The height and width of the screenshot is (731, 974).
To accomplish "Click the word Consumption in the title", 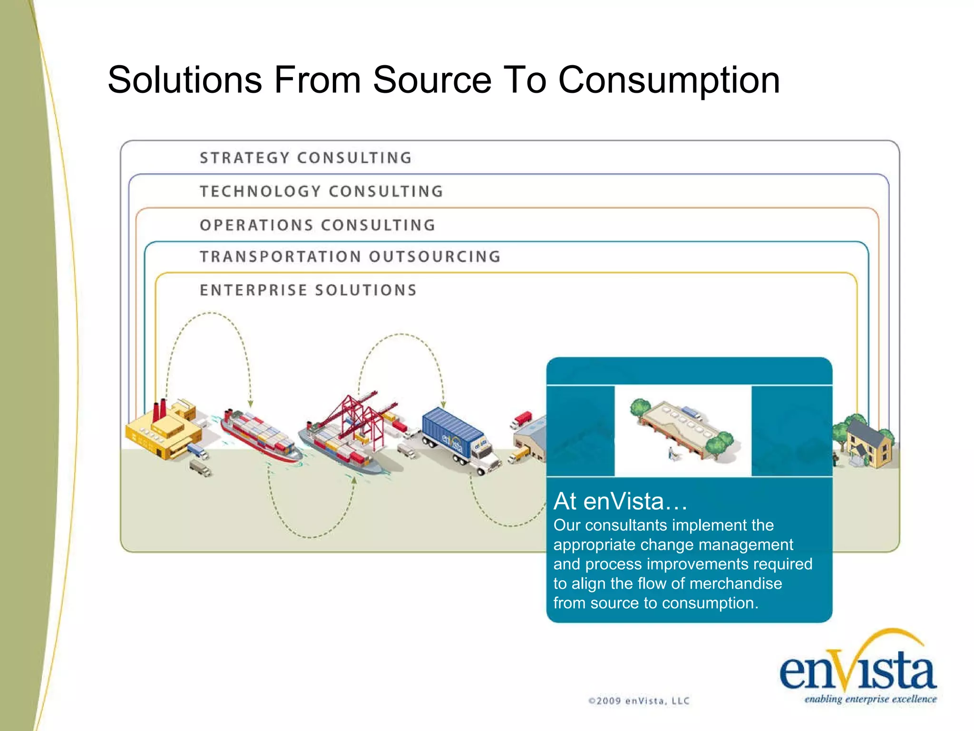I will (x=669, y=80).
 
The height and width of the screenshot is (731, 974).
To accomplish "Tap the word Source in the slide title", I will (x=432, y=80).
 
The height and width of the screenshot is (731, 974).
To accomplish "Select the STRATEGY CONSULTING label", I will (x=306, y=158).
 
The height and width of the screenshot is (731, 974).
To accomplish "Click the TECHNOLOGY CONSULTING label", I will (x=321, y=191).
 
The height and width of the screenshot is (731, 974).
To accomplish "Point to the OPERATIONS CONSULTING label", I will (x=318, y=225).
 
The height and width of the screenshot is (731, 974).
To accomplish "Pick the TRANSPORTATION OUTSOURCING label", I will (x=351, y=257).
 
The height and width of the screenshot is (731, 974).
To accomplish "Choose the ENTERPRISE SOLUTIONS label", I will (x=308, y=290).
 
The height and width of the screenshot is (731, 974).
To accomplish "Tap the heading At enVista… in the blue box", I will (x=620, y=501).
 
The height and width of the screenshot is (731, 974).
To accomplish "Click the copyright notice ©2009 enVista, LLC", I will (x=639, y=701).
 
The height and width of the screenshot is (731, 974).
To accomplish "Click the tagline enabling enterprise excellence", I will (x=870, y=699).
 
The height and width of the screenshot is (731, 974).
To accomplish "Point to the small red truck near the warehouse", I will (x=522, y=419).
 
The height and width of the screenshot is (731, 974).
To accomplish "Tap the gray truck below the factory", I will (x=200, y=467).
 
